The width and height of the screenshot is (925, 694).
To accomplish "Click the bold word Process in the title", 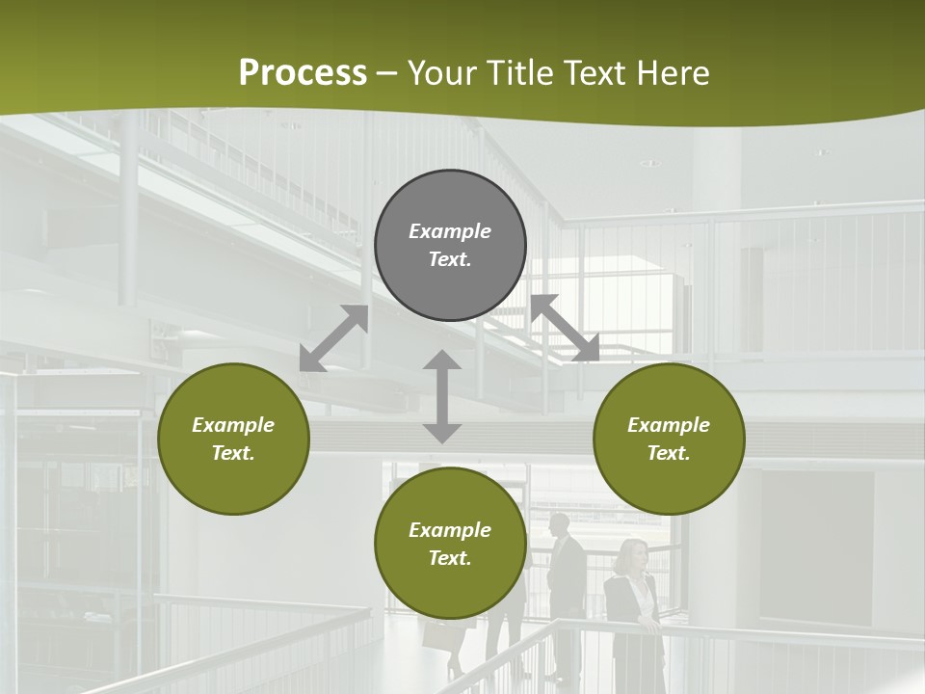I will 303,73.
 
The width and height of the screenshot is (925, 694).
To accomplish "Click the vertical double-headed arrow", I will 442,396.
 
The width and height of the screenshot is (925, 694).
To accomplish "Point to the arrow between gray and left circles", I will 333,337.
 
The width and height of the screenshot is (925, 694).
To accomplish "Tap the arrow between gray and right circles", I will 565,328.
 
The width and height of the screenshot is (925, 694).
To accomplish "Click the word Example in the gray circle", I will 450,231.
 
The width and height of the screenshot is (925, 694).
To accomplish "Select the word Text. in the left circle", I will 233,453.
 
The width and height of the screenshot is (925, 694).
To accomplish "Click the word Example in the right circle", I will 669,425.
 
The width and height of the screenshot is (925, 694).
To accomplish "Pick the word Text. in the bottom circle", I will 450,558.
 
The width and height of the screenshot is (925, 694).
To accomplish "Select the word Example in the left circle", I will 233,425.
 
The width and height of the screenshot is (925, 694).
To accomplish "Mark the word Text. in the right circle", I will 669,453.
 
